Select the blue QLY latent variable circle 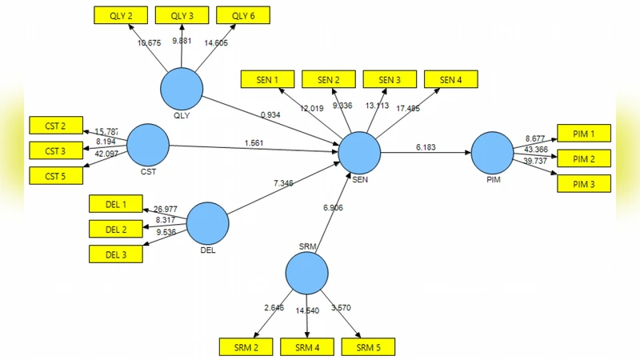coord(182,90)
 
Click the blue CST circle coord(147,145)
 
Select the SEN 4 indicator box coord(450,79)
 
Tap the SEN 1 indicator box coord(267,79)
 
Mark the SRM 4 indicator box coord(306,346)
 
